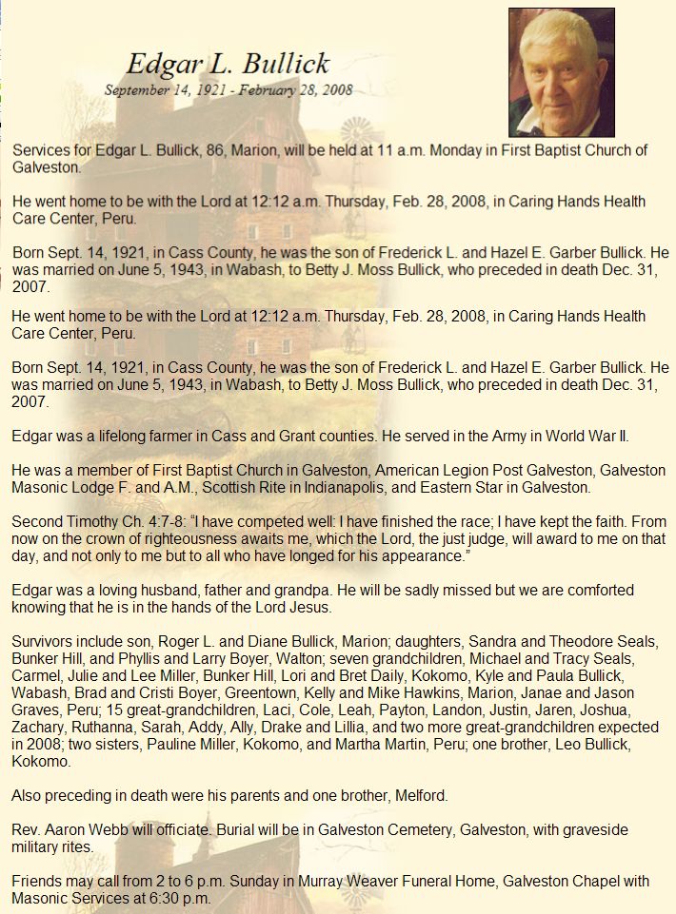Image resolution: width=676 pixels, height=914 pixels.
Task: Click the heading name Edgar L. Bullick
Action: tap(228, 65)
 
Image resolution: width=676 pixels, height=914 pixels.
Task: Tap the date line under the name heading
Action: tap(229, 90)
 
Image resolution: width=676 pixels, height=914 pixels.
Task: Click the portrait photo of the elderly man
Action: tap(561, 72)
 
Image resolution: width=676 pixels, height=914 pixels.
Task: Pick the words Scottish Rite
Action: tap(273, 488)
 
